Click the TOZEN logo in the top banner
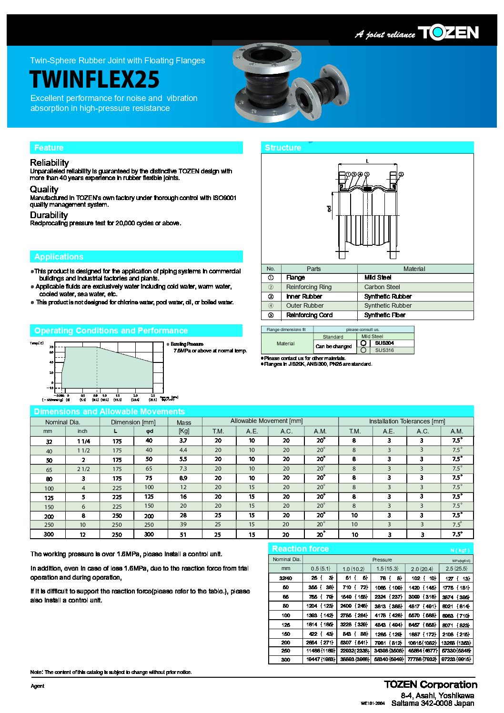click(448, 32)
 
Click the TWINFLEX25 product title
click(94, 80)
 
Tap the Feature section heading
click(49, 148)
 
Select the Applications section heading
click(59, 257)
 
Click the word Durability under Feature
click(49, 215)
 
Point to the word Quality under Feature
click(44, 189)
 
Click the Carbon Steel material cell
click(382, 287)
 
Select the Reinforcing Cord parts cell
click(309, 315)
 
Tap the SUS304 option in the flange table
click(384, 343)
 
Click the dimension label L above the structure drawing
click(367, 161)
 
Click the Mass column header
click(183, 422)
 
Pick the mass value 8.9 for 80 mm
click(183, 478)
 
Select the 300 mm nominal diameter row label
click(49, 534)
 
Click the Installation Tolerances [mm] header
click(407, 422)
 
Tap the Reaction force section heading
click(300, 549)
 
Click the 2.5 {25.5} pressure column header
click(456, 569)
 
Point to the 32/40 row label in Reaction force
click(286, 578)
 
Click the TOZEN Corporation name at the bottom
click(431, 684)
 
